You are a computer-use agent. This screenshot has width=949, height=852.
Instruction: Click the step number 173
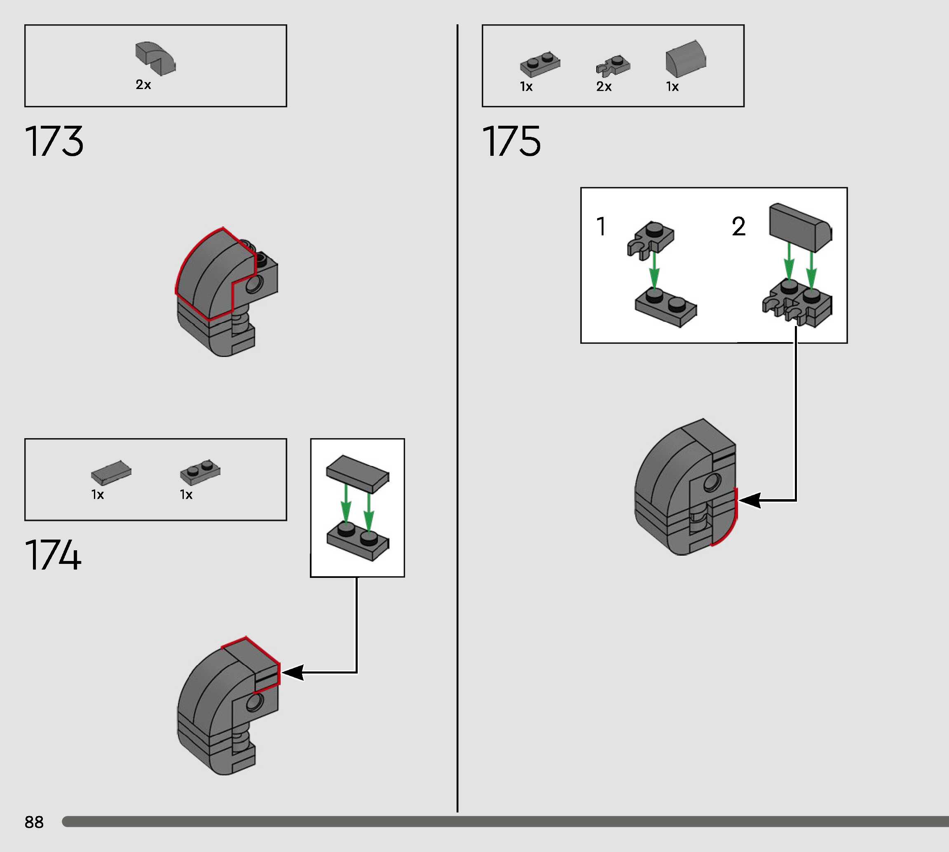point(54,141)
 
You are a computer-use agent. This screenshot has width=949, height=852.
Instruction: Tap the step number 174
point(53,555)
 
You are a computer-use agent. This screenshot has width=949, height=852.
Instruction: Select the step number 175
point(511,141)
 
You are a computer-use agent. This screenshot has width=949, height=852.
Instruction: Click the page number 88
point(34,822)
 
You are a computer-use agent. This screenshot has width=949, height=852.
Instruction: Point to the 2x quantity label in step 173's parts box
point(143,85)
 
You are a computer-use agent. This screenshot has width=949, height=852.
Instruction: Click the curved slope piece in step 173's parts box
point(155,59)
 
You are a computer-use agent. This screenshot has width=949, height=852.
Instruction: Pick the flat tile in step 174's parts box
point(111,472)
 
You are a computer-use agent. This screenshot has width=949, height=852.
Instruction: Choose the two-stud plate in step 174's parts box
point(200,472)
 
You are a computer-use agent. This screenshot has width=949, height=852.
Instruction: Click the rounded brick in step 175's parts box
point(686,59)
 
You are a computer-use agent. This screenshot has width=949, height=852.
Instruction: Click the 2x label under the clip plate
point(604,87)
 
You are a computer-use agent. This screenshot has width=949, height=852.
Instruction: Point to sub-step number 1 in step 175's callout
point(601,226)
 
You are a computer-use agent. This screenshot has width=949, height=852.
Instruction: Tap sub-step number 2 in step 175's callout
point(738,227)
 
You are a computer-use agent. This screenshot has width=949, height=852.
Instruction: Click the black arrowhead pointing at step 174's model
point(293,673)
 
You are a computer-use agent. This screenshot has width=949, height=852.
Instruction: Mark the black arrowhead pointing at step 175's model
point(749,500)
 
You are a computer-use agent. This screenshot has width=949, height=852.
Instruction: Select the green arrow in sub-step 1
point(654,270)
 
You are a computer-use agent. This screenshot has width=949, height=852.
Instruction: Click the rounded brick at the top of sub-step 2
point(800,227)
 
